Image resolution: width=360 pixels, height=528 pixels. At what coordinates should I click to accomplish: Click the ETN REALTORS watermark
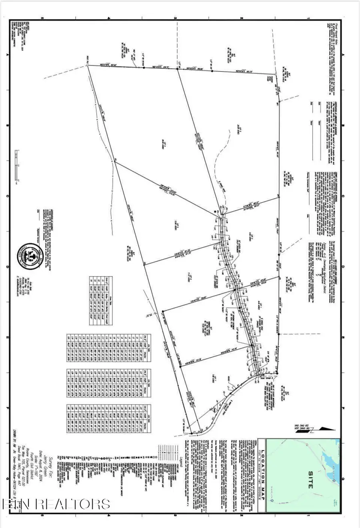[56, 504]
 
